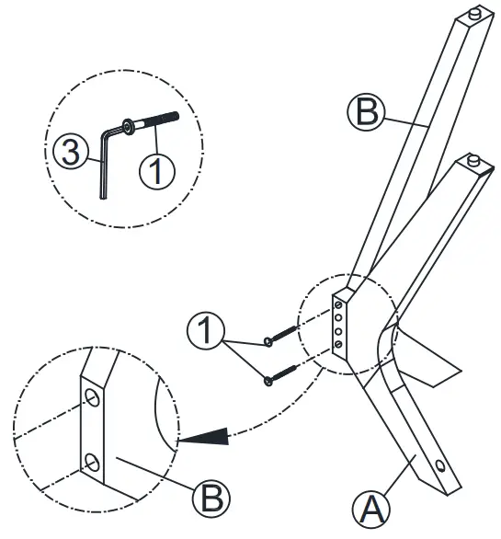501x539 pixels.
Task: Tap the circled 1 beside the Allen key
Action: click(157, 170)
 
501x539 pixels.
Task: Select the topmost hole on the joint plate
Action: click(340, 303)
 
